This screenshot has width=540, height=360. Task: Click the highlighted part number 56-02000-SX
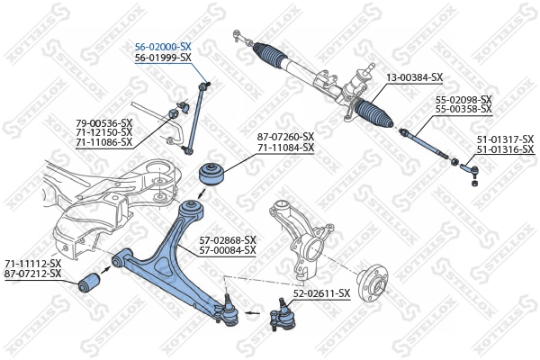tap(163, 46)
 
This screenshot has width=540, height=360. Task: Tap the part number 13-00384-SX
tap(414, 77)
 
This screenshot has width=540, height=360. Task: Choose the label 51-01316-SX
tap(504, 148)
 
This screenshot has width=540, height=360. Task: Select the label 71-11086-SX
tap(103, 142)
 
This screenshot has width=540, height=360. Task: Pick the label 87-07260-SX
tap(285, 136)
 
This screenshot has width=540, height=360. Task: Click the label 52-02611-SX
tap(321, 293)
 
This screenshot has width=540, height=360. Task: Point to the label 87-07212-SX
tap(33, 273)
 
